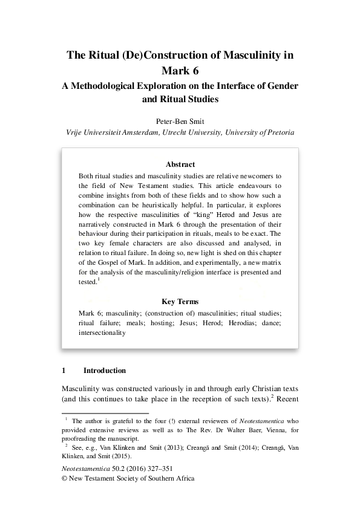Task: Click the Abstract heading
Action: tap(180, 164)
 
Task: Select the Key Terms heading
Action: tap(180, 301)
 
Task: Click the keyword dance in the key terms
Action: tap(270, 323)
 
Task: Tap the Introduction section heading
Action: tap(105, 371)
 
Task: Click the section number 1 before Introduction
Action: tap(64, 371)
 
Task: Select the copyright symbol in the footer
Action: tap(66, 478)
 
